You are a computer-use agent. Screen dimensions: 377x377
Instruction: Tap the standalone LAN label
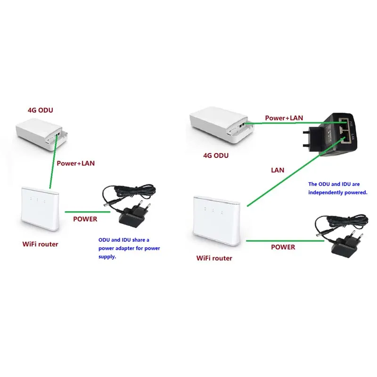click(278, 170)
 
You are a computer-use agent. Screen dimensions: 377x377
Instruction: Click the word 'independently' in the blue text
click(328, 192)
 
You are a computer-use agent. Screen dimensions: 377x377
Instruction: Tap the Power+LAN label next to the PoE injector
click(284, 118)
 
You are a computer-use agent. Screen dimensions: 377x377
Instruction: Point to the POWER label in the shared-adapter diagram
click(85, 219)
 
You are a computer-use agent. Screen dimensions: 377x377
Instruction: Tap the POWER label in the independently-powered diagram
click(283, 247)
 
